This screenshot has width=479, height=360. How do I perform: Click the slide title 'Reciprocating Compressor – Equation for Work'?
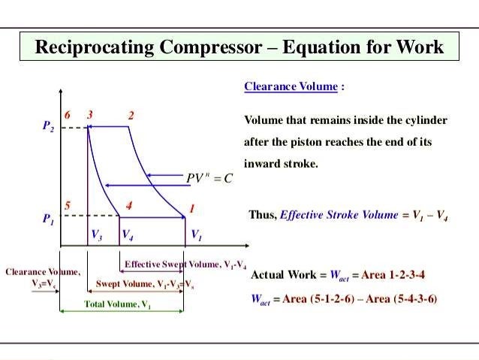pos(239,47)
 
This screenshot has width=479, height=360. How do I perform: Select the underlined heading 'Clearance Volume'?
pos(291,86)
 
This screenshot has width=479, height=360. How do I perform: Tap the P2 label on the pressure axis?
pos(47,128)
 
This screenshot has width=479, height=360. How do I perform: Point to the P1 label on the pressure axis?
pos(47,220)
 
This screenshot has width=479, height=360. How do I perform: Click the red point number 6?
pos(68,115)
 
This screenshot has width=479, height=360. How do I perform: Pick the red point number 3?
pos(89,115)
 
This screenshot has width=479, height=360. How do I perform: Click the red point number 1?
pos(191,207)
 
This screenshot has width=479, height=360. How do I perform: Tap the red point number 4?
pos(129,205)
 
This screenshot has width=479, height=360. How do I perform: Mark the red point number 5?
pos(67,205)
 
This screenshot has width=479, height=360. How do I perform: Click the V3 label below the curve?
pos(97,235)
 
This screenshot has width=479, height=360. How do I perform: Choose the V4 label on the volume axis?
pos(128,235)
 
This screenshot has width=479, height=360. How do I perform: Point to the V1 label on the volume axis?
pos(195,235)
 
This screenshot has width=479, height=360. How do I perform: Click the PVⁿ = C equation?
pos(209,179)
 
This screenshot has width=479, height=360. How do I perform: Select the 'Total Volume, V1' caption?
pos(117,304)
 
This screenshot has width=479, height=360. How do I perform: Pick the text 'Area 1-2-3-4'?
pos(393,275)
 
